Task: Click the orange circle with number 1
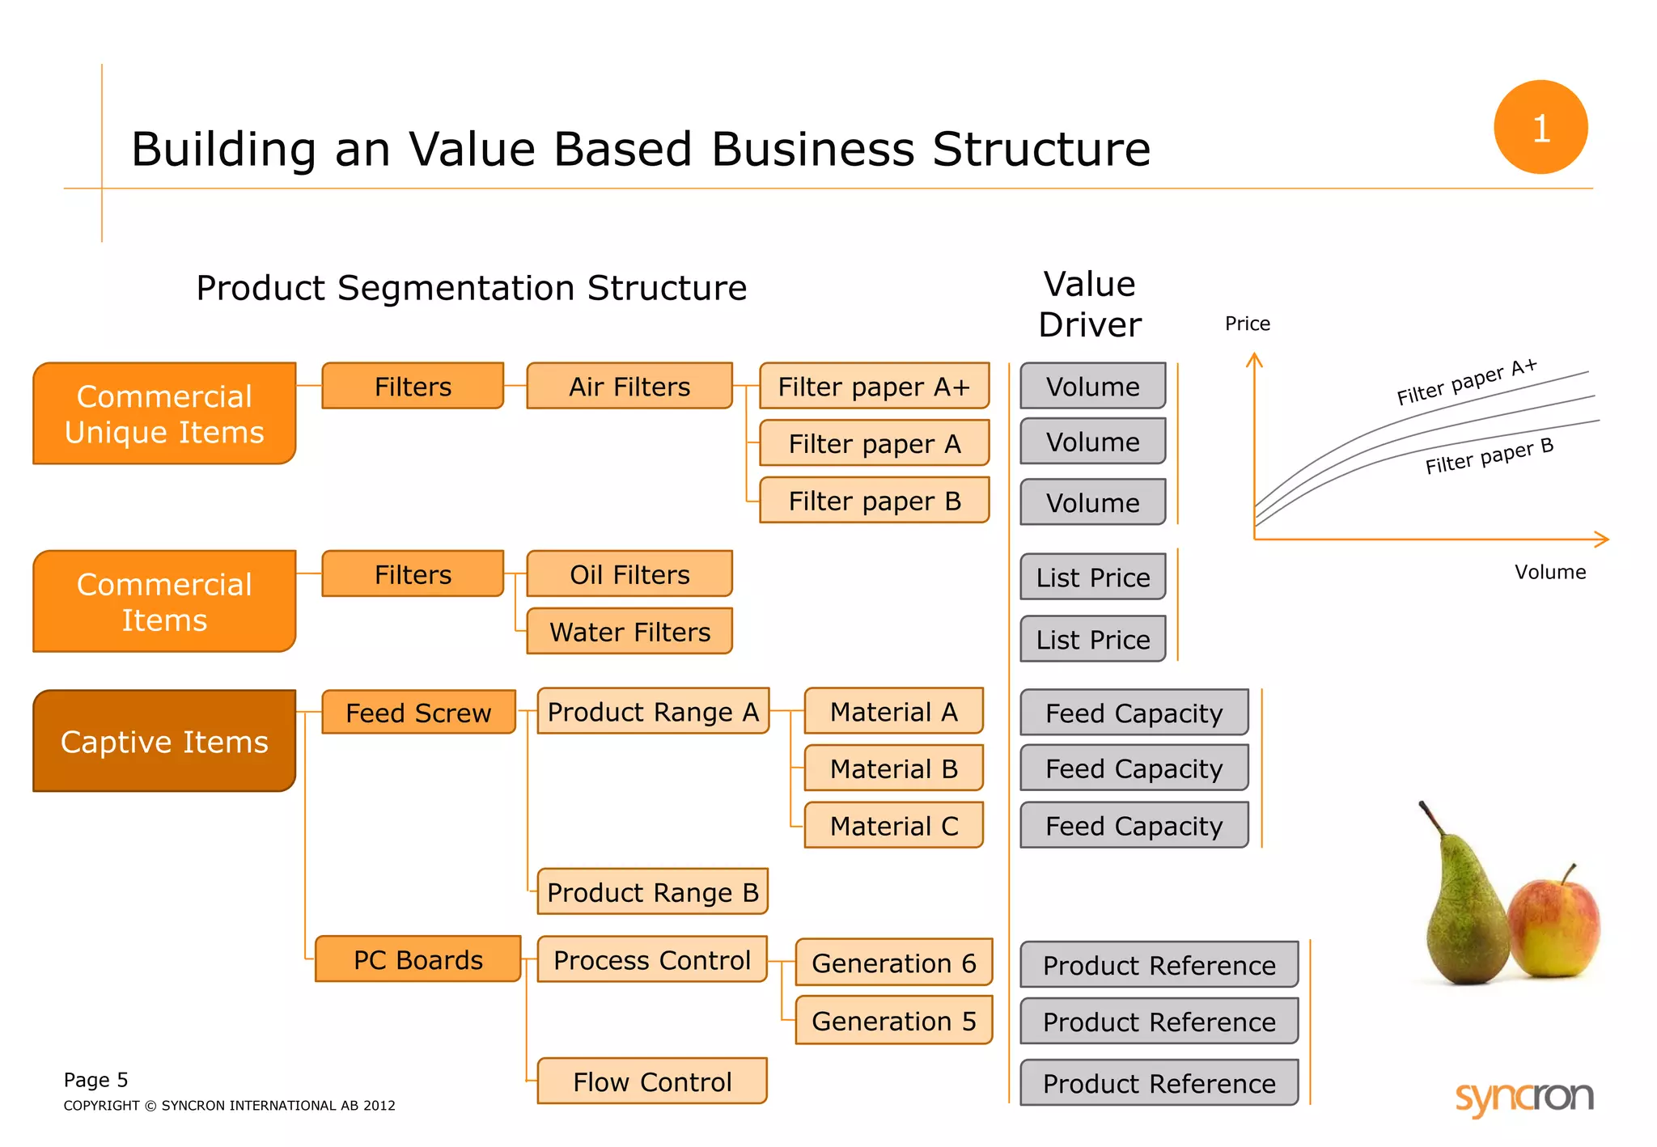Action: pos(1540,127)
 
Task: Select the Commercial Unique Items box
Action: pos(164,413)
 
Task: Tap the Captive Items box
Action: pos(164,741)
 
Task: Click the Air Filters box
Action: pos(629,386)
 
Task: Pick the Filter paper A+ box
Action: pos(874,386)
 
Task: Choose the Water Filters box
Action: pos(629,631)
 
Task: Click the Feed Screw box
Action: pos(418,712)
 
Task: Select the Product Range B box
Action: pos(652,891)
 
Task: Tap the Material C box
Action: pos(893,825)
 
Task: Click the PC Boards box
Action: pos(417,959)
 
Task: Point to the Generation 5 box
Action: pos(893,1021)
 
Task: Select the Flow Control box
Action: pos(652,1081)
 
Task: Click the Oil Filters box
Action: pos(629,573)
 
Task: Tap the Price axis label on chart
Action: pos(1247,324)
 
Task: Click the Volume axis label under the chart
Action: pos(1549,572)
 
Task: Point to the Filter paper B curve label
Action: pos(1489,456)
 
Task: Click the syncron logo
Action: pos(1524,1098)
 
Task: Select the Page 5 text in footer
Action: pos(95,1080)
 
